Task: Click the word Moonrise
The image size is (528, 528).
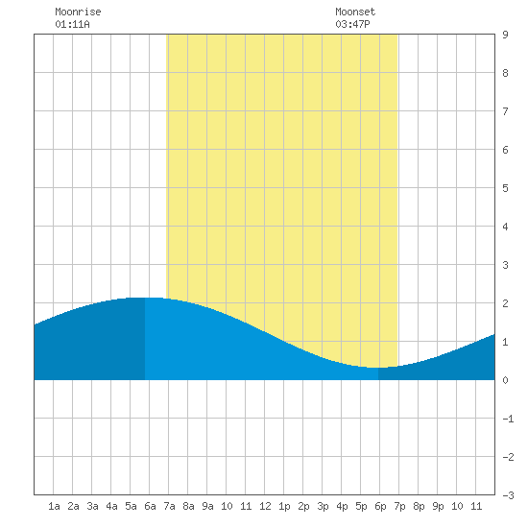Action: [x=78, y=12]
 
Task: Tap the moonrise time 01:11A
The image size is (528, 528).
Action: [x=72, y=24]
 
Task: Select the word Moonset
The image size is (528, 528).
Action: [x=355, y=12]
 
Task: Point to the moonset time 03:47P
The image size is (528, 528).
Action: [x=352, y=24]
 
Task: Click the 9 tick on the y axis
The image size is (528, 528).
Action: [x=505, y=35]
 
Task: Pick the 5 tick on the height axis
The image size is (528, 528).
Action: [x=505, y=188]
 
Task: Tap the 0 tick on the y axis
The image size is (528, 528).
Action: [x=505, y=380]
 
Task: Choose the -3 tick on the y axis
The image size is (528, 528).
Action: [x=508, y=495]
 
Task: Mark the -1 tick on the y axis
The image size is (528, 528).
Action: [x=508, y=419]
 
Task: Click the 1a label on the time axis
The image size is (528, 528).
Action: [x=54, y=506]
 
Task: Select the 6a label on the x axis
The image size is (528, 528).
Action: [x=150, y=506]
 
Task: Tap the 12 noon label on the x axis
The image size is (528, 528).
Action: [x=265, y=506]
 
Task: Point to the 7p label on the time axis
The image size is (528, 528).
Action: [x=399, y=507]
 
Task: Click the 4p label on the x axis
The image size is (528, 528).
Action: [x=342, y=507]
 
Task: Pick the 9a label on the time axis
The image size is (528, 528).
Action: [x=207, y=506]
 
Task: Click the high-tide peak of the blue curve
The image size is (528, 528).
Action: [x=145, y=298]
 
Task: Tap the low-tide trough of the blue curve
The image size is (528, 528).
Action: [x=374, y=368]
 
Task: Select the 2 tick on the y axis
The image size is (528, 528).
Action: [x=505, y=303]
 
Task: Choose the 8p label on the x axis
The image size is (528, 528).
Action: [x=419, y=507]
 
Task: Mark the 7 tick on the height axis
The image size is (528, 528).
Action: [x=505, y=111]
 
